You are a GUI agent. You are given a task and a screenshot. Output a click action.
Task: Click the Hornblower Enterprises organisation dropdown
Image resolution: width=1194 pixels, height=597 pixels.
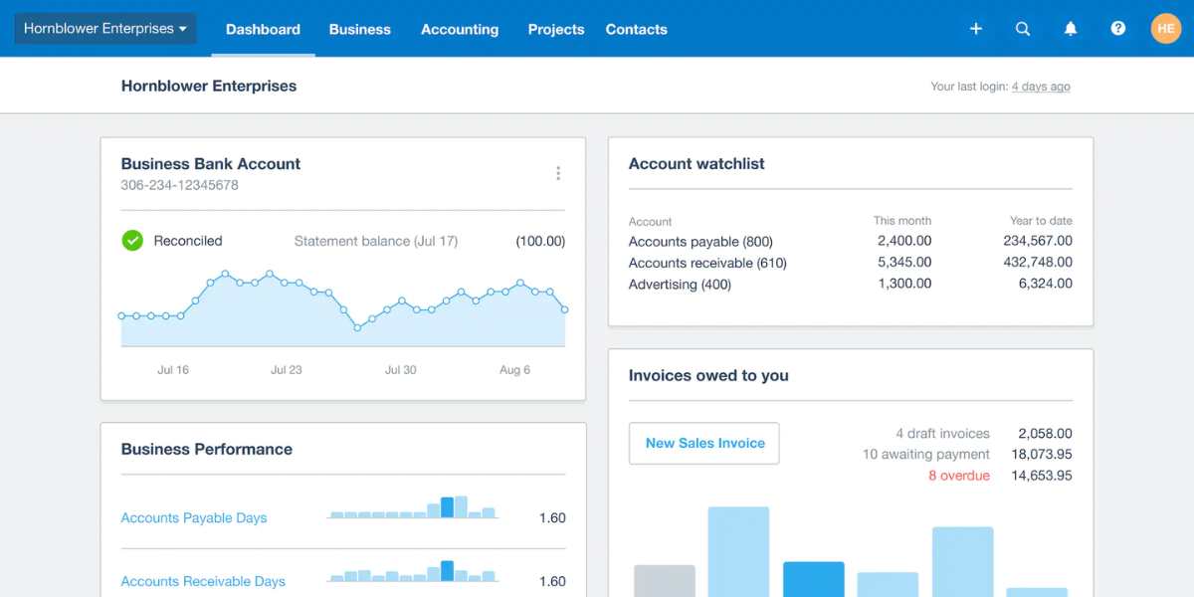pyautogui.click(x=105, y=29)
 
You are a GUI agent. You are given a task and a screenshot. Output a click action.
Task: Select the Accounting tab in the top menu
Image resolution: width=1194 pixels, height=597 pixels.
pyautogui.click(x=460, y=29)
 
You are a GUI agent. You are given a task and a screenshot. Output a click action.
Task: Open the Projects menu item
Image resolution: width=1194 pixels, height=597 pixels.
pyautogui.click(x=556, y=29)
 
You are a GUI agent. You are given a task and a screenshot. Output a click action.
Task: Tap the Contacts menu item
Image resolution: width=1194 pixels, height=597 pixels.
pyautogui.click(x=636, y=29)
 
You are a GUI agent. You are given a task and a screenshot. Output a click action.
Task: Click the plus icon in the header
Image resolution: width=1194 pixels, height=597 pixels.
pyautogui.click(x=976, y=29)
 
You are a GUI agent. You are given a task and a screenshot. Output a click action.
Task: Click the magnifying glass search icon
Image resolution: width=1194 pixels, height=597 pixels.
pyautogui.click(x=1023, y=29)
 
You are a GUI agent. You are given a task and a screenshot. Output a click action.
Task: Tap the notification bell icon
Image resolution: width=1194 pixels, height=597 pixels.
pyautogui.click(x=1071, y=29)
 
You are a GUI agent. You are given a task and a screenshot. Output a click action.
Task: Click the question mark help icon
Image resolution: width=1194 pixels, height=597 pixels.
pyautogui.click(x=1118, y=29)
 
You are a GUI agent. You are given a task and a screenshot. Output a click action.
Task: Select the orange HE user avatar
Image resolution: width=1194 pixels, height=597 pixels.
pyautogui.click(x=1165, y=29)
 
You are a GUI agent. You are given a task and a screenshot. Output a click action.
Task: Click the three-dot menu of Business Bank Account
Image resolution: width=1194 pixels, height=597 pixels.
pyautogui.click(x=558, y=173)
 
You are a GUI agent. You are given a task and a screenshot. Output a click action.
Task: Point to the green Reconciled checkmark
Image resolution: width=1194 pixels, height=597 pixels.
pyautogui.click(x=132, y=241)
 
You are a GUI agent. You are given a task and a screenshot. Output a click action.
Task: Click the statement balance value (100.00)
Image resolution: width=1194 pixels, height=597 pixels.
pyautogui.click(x=540, y=241)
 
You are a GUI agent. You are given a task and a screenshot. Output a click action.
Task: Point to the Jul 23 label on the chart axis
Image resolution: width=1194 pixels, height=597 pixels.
pyautogui.click(x=287, y=370)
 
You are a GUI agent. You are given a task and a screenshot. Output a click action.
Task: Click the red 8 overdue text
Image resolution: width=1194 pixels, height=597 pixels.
pyautogui.click(x=959, y=476)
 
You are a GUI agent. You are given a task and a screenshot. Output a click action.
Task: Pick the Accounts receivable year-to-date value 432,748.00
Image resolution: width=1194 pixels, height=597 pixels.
pyautogui.click(x=1038, y=263)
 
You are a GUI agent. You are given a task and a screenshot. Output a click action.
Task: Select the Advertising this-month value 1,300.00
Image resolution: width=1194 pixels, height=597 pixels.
pyautogui.click(x=904, y=284)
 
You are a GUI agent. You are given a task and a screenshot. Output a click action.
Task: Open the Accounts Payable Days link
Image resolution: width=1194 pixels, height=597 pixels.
pyautogui.click(x=194, y=517)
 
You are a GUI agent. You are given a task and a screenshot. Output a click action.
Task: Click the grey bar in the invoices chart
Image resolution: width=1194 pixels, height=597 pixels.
pyautogui.click(x=665, y=581)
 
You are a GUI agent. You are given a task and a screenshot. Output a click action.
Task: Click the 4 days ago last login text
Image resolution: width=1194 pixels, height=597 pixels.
pyautogui.click(x=1041, y=87)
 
